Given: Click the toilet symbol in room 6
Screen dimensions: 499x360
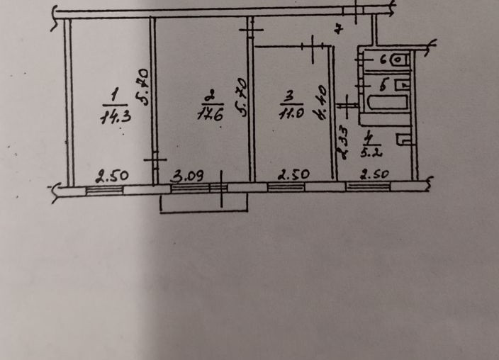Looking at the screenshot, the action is coord(399,60).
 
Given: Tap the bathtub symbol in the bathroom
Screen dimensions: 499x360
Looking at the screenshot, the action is coord(386,101).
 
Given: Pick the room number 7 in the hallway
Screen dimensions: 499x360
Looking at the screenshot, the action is coord(339,29).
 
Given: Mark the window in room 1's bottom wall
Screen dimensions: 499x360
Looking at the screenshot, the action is coord(103,189).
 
